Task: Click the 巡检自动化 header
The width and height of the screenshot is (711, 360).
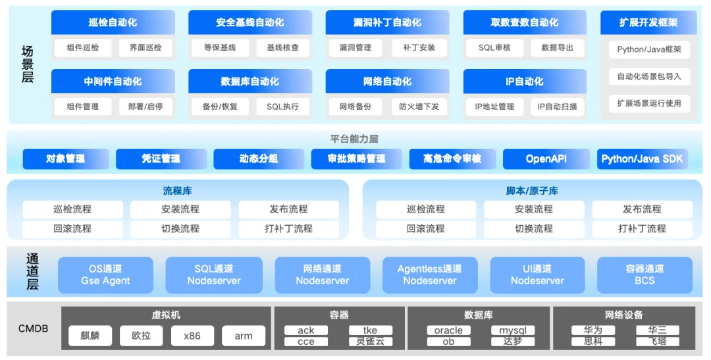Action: coord(113,22)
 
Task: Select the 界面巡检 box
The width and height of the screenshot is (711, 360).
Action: coord(145,47)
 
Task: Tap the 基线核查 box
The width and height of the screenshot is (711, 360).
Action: coord(282,47)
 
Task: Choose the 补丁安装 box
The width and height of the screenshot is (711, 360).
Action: coord(419,47)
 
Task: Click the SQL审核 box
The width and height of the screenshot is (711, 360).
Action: coord(494,47)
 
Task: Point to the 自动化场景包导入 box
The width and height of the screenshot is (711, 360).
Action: coord(649,76)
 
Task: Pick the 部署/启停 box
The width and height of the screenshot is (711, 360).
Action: coord(145,107)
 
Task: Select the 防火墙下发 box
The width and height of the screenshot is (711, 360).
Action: coord(419,107)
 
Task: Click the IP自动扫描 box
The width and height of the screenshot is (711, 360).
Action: coord(557,107)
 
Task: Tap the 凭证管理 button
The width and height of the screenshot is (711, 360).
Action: coord(161,159)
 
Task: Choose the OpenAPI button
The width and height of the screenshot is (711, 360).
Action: coord(546,159)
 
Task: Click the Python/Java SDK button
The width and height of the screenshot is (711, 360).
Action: coord(642,159)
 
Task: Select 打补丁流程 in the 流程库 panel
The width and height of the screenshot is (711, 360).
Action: coord(288,229)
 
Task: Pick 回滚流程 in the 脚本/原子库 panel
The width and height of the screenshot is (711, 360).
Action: coord(425,229)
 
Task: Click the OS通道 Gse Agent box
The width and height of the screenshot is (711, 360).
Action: coord(106,274)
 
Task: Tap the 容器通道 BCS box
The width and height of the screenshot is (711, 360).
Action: coord(645,274)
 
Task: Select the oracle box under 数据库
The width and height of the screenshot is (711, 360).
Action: coord(448,330)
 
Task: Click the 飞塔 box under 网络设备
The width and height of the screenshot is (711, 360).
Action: coord(657,342)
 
